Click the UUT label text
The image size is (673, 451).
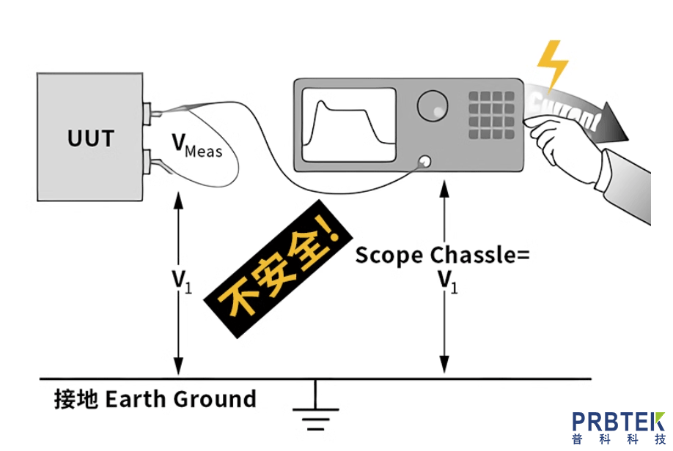click(91, 138)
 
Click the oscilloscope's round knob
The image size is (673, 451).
click(433, 106)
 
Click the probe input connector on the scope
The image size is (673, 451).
click(424, 163)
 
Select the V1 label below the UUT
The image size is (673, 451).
click(180, 281)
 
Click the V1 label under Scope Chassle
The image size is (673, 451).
click(446, 281)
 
